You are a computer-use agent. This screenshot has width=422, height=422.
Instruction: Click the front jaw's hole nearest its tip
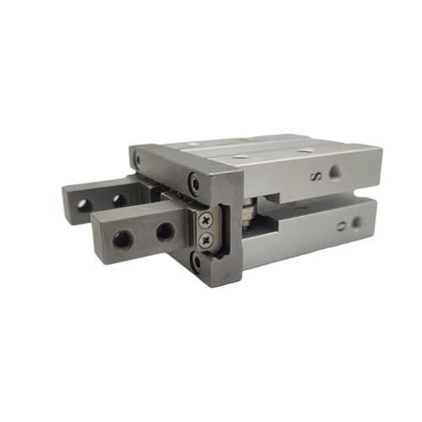(x=123, y=239)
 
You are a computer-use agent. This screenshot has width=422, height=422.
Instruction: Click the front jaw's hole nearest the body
(x=165, y=230)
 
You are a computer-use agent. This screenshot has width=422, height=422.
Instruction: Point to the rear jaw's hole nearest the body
(x=120, y=200)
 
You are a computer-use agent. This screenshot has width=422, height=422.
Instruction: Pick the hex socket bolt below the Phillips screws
(x=197, y=262)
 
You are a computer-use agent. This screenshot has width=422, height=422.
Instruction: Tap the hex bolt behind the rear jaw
(x=138, y=157)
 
